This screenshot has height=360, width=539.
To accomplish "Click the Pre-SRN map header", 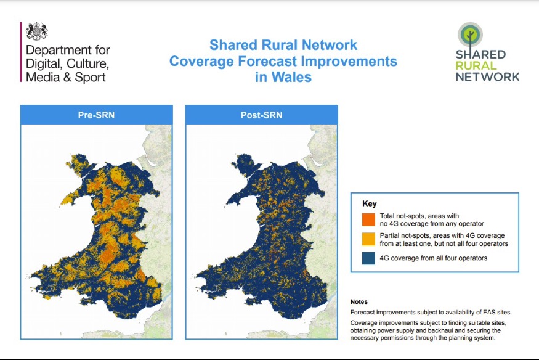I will pyautogui.click(x=96, y=115).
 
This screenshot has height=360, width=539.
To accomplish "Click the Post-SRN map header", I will pyautogui.click(x=261, y=115).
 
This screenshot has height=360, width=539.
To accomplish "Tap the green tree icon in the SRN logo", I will pyautogui.click(x=470, y=34).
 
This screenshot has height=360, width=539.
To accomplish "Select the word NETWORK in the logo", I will pyautogui.click(x=487, y=77).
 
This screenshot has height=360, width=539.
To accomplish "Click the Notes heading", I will pyautogui.click(x=359, y=302).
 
